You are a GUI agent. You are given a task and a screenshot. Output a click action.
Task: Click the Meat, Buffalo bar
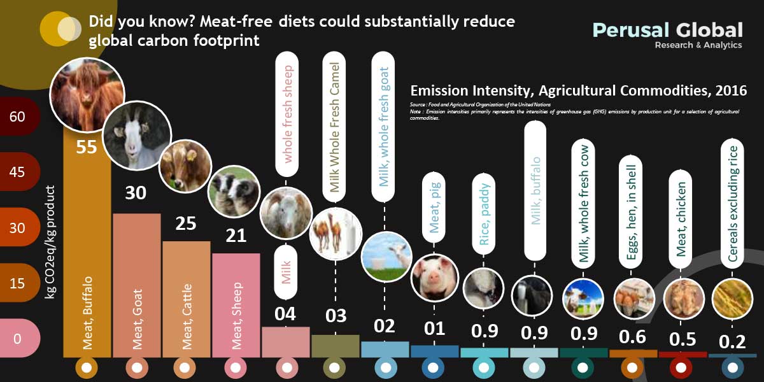pos(87,255)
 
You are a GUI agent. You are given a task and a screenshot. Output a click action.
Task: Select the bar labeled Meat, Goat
pos(137,286)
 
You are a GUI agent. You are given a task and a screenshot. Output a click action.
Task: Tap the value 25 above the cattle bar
pos(185,223)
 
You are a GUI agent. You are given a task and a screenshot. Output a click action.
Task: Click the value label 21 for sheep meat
pos(236,236)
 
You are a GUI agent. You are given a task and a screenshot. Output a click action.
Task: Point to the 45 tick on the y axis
pos(18,173)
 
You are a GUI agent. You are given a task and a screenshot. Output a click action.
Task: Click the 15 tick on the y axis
pos(18,282)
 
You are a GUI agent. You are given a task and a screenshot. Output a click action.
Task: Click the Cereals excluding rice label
pos(733,204)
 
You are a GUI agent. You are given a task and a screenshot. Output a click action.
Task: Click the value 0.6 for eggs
pos(633,337)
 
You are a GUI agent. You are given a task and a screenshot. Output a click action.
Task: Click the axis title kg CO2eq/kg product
pos(52,242)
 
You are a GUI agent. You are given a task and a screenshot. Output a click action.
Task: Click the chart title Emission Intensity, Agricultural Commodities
pos(578,90)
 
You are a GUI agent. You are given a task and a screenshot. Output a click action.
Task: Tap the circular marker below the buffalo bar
pos(87,368)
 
